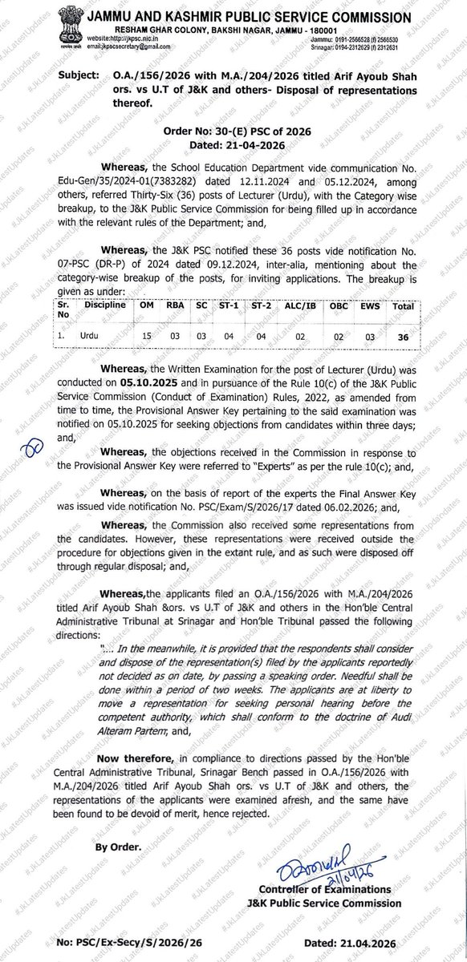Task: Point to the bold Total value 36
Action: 403,338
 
